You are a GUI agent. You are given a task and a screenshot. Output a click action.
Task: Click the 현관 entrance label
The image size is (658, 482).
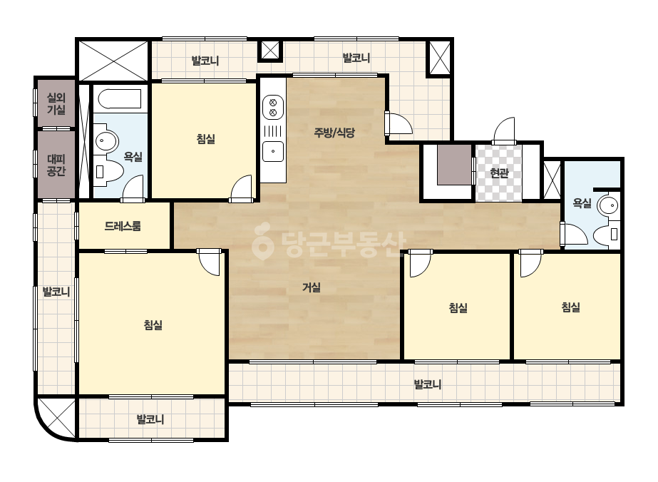[x=499, y=173]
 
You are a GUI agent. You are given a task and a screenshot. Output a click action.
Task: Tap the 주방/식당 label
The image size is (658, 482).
[x=334, y=133]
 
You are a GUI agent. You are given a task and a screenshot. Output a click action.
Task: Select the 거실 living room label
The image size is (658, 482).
[x=312, y=287]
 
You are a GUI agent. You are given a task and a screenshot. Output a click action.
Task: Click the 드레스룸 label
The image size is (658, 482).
[x=123, y=226]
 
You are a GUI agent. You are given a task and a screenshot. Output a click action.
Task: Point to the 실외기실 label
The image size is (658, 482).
[x=56, y=103]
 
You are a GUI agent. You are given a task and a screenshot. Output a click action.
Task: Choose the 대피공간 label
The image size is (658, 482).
[x=56, y=165]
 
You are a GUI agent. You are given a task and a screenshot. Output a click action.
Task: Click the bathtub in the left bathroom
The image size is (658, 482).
[x=120, y=99]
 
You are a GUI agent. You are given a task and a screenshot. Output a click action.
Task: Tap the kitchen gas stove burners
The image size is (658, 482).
[x=273, y=107]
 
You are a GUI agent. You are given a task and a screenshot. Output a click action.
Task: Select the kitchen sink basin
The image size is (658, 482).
[x=273, y=151]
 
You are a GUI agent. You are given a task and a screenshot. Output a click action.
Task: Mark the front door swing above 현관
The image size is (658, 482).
[x=505, y=131]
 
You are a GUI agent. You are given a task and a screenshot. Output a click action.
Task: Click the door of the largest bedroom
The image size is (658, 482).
[x=210, y=262]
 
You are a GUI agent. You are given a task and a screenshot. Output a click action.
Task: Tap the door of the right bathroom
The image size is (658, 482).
[x=574, y=235]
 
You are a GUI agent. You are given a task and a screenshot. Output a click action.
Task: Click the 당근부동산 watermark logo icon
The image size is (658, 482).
[x=262, y=241]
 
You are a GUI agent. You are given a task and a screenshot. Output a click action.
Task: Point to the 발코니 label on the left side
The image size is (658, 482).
[x=56, y=292]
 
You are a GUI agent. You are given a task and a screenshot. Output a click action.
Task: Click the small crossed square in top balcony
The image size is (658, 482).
[x=270, y=51]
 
